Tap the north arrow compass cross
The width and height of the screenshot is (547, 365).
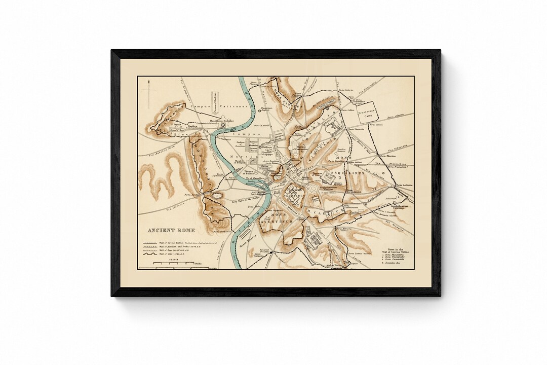149,91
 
